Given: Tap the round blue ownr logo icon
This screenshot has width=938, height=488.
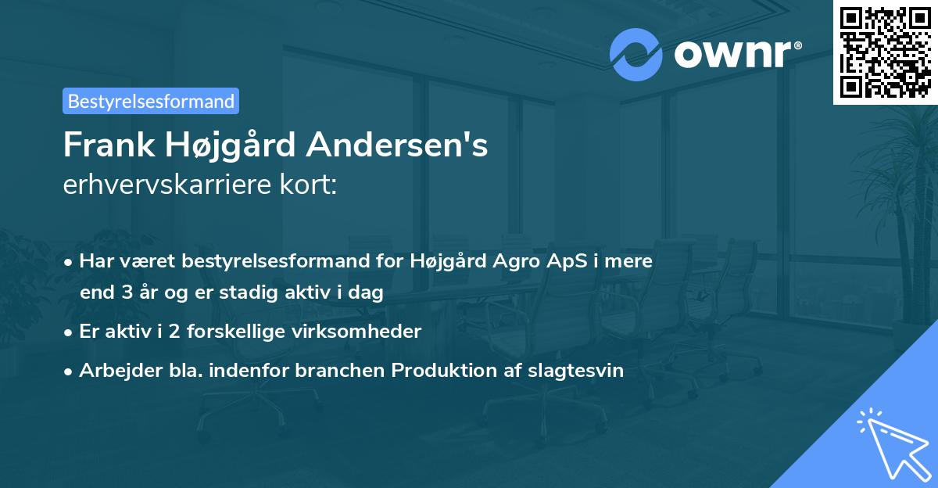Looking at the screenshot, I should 637,53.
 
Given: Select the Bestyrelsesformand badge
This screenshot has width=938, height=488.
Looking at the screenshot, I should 151,101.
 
